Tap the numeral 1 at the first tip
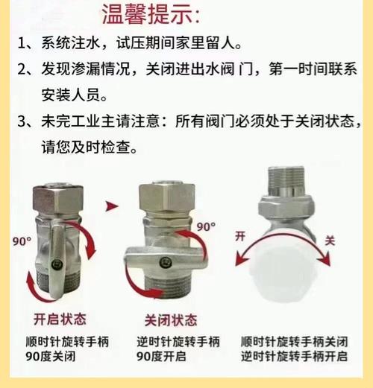click(x=22, y=43)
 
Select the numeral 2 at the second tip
click(x=22, y=69)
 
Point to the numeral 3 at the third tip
click(x=22, y=121)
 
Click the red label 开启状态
click(x=60, y=319)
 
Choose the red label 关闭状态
click(x=171, y=320)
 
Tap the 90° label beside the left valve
click(x=22, y=241)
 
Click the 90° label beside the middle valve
click(x=206, y=226)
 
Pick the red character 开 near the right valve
click(x=240, y=236)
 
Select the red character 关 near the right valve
click(x=330, y=241)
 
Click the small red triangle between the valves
click(x=111, y=206)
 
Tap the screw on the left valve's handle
click(x=57, y=264)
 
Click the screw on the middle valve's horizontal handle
click(x=165, y=261)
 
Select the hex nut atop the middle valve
click(x=166, y=197)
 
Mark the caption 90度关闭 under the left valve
click(x=51, y=357)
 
